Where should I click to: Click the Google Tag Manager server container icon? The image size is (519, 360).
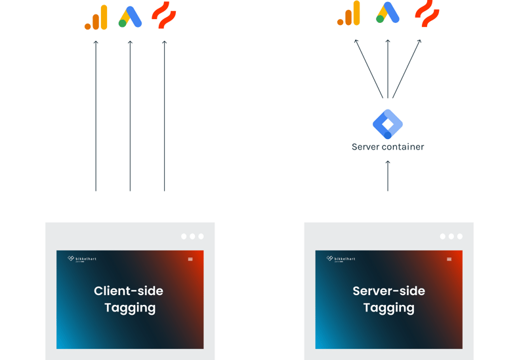coord(388,123)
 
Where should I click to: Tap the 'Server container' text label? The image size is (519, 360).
coord(388,147)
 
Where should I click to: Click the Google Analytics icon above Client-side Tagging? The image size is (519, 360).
coord(96,18)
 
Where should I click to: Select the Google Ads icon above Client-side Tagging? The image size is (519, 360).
coord(130,17)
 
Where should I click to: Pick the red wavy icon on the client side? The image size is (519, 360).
coord(164,16)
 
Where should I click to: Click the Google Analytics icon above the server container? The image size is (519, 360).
coord(349,14)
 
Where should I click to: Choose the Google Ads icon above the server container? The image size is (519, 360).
coord(388,13)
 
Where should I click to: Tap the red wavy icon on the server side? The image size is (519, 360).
coord(426,14)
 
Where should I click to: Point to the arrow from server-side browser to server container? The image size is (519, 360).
coord(388,175)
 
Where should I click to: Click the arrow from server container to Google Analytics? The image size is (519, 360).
coord(369,68)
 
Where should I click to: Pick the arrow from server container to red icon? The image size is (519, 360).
coord(407,68)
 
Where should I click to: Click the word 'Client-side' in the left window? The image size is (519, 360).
coord(129,291)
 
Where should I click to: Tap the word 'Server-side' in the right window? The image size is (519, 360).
coord(388,291)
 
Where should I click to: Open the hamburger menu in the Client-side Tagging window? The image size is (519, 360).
coord(190,259)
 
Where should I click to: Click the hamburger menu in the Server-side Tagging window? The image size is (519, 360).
coord(449,259)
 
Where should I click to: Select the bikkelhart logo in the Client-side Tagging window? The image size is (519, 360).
coord(82,259)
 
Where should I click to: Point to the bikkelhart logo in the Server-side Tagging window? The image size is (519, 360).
coord(341,259)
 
